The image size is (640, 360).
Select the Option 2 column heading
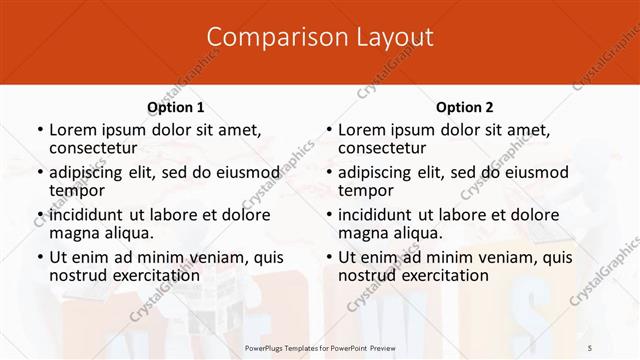(464, 107)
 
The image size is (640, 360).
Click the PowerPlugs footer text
(320, 347)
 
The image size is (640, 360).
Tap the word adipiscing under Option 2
(377, 172)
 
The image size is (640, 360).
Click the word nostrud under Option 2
(367, 274)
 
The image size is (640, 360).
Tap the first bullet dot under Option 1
(39, 131)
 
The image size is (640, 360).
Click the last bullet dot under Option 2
(328, 257)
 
